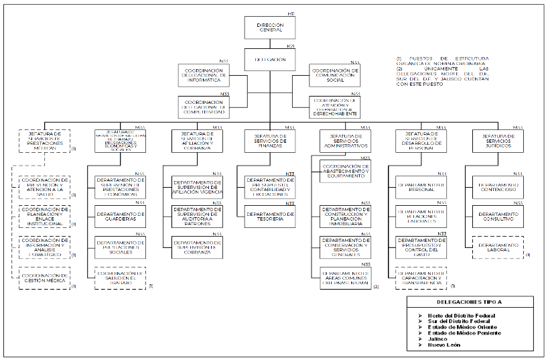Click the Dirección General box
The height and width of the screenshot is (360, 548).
(x=270, y=27)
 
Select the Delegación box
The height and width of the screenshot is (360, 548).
(x=270, y=60)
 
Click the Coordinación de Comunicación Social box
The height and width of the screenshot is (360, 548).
(x=335, y=74)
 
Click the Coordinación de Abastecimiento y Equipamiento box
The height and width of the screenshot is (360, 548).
(x=345, y=172)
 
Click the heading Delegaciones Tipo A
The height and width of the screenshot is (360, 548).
(x=470, y=303)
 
